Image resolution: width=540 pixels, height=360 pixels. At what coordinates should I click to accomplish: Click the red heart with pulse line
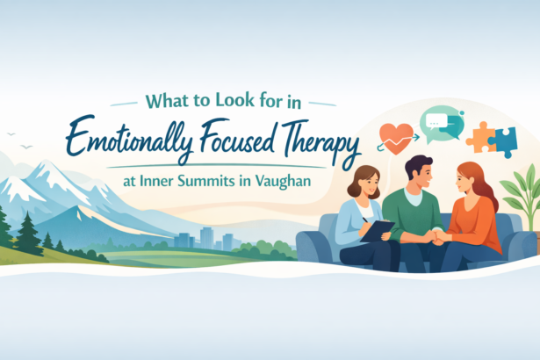pos(397,134)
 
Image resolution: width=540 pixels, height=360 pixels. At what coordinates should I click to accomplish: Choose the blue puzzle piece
pos(503,141)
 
